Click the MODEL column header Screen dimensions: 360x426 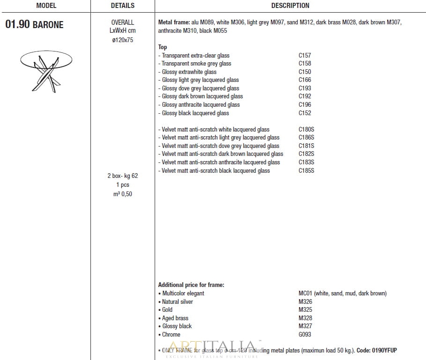[46, 6]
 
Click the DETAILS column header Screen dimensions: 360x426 [122, 6]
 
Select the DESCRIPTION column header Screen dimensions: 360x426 [290, 6]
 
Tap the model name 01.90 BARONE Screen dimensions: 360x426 [34, 24]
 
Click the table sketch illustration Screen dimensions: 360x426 [46, 70]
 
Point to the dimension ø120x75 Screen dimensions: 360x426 [122, 40]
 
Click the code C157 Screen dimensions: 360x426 [305, 55]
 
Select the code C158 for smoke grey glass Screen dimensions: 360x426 [305, 64]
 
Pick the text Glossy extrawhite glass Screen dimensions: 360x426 [189, 72]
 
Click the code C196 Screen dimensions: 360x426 [305, 105]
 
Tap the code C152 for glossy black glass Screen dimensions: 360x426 [305, 113]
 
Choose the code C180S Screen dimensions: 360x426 [306, 130]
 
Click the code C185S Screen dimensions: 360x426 [306, 171]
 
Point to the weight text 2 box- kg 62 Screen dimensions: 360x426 [122, 176]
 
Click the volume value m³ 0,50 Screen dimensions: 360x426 [122, 194]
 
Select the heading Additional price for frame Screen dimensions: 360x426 [191, 285]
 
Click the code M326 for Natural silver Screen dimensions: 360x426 [305, 302]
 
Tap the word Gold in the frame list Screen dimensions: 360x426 [167, 310]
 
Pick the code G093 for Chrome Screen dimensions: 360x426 [305, 335]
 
